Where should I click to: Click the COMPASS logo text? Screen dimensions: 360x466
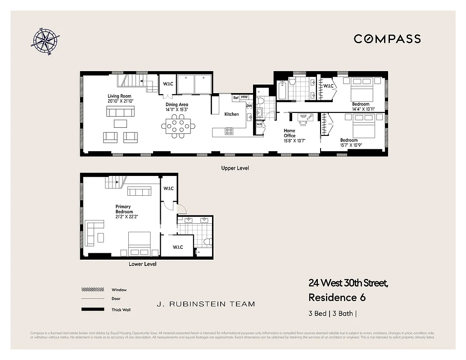[x=387, y=39]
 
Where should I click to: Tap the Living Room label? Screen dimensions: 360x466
[x=119, y=96]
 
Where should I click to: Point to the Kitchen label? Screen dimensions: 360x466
[x=231, y=114]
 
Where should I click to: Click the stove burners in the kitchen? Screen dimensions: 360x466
[x=229, y=132]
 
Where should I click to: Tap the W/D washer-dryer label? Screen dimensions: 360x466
[x=259, y=124]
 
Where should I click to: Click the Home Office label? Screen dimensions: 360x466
[x=290, y=133]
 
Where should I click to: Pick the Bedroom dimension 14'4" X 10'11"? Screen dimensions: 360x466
[x=363, y=109]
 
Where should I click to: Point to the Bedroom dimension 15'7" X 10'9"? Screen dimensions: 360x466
[x=351, y=145]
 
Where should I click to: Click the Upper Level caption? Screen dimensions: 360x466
[x=235, y=168]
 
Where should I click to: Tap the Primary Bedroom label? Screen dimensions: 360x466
[x=124, y=209]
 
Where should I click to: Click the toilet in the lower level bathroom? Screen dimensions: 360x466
[x=208, y=242]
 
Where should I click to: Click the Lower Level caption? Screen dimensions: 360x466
[x=142, y=264]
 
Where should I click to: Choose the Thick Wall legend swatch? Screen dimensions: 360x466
[x=90, y=310]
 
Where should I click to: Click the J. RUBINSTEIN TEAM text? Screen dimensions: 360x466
[x=206, y=304]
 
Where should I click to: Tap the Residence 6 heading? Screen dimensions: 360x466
[x=337, y=297]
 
